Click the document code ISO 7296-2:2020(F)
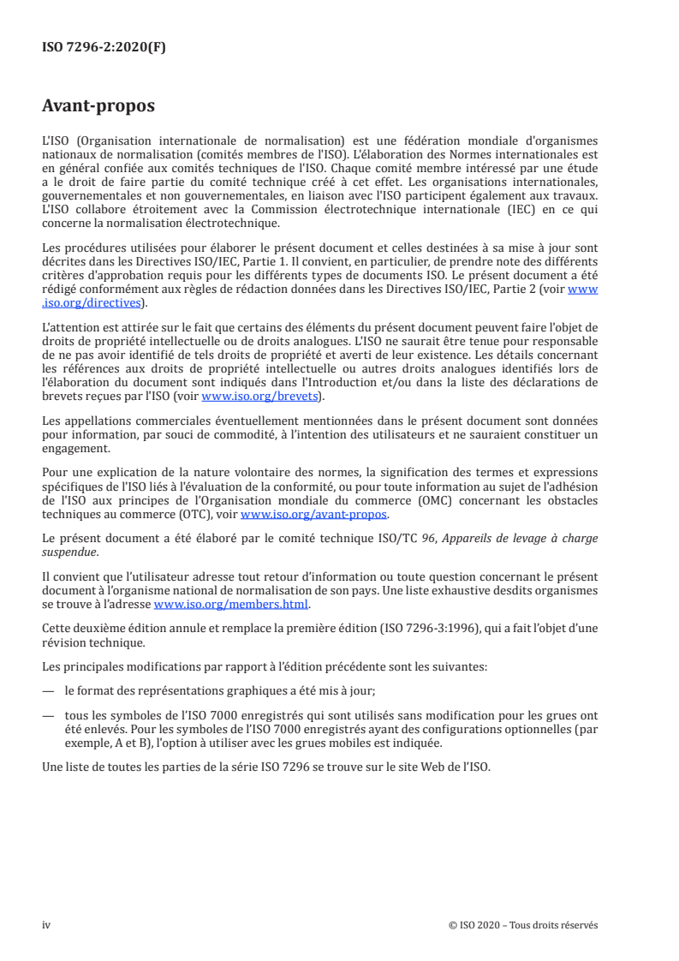(x=104, y=48)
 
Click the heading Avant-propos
(x=98, y=107)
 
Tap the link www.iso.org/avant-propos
(x=315, y=516)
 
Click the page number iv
(x=47, y=925)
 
